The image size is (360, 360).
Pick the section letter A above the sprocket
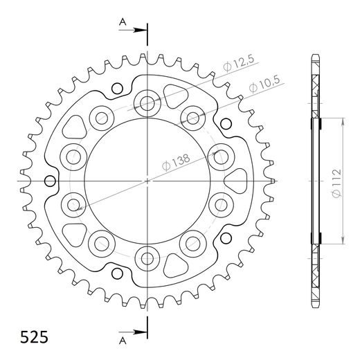(x=123, y=23)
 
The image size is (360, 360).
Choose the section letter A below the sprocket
(x=123, y=339)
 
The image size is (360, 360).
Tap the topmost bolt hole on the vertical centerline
(x=147, y=104)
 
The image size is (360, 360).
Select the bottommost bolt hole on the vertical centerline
(x=147, y=258)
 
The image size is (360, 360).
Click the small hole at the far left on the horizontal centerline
(x=50, y=181)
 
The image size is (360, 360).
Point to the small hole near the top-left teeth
(x=117, y=88)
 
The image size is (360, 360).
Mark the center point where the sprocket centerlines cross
(x=147, y=181)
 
